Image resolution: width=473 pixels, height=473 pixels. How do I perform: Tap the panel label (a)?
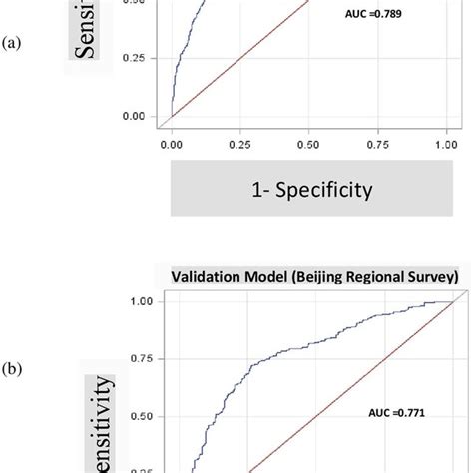(x=12, y=44)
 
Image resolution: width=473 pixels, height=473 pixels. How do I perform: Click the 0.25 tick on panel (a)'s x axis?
(x=240, y=144)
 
